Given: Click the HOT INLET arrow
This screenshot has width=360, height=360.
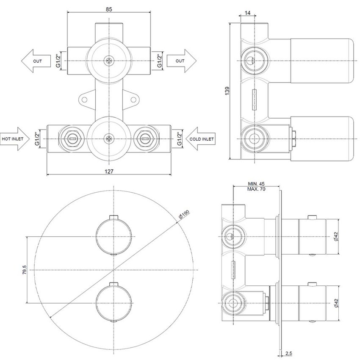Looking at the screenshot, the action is pos(15,139).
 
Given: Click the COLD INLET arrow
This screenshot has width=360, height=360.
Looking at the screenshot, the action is pos(200,139).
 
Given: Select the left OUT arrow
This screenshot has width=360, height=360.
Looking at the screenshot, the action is pos(36,61).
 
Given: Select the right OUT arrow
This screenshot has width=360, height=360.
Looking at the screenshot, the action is pos(181,61).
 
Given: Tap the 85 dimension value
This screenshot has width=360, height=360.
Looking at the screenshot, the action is pos(109,9).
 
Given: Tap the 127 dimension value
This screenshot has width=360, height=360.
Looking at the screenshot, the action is pos(109,171).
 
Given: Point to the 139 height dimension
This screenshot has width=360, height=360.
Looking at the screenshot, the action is pos(227,91).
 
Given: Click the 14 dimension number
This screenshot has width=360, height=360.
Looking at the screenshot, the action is pos(247,13).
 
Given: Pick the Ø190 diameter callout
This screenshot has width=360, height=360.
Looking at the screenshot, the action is pos(184,214).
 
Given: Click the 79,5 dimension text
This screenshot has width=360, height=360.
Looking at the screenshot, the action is pos(25,270).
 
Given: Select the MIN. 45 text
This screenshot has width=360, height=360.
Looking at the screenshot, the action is pos(256,184).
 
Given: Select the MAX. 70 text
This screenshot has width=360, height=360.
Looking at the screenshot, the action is pos(256,189).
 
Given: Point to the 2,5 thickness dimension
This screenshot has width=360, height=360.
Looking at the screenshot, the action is pos(289,354).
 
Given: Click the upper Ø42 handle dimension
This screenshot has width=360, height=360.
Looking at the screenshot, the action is pos(336,236).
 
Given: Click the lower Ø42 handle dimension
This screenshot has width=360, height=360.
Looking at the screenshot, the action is pos(336,303).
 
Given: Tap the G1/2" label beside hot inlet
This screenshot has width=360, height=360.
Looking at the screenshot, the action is pos(37,139).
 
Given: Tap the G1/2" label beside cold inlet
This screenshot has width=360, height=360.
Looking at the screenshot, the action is pos(180,139).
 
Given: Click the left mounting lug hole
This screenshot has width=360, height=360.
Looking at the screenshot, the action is pos(84,100).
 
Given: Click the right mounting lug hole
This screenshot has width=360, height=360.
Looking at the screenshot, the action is pos(133,100).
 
